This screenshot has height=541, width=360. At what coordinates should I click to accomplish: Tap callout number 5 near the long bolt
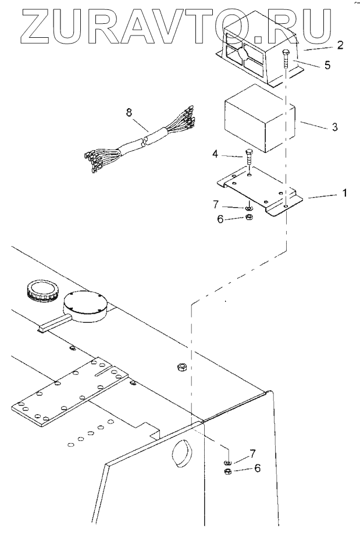point(327,65)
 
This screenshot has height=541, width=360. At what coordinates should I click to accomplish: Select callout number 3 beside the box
point(334,126)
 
